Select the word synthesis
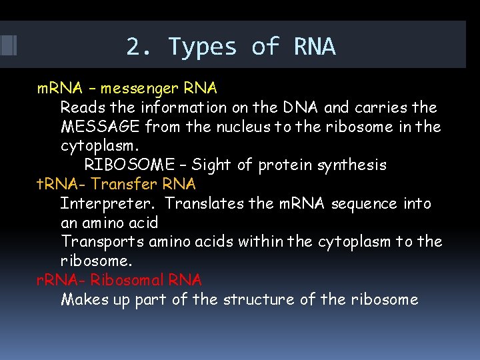[353, 165]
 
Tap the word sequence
[366, 203]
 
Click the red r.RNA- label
[61, 280]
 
